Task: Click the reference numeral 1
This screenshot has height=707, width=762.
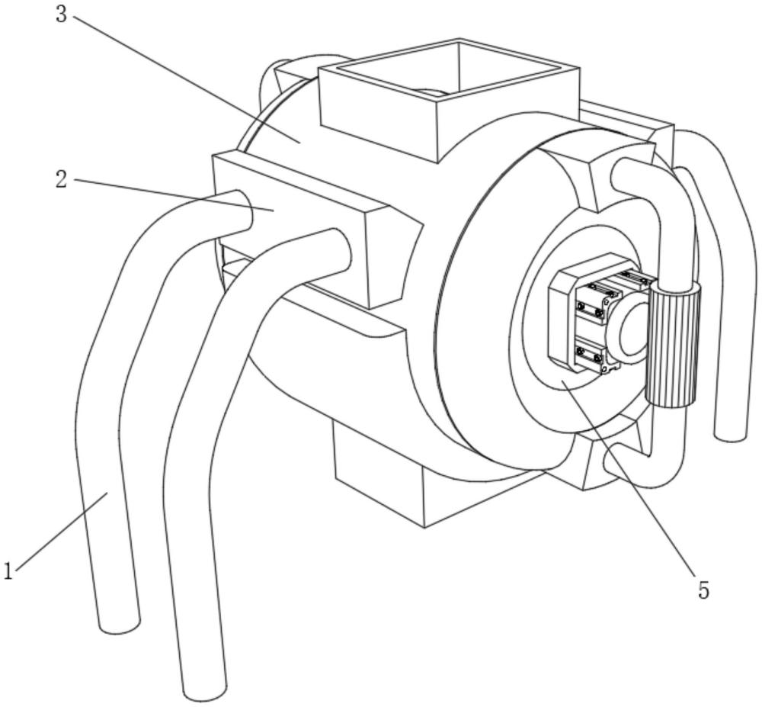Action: coord(8,570)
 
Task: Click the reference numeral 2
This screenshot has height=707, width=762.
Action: coord(62,179)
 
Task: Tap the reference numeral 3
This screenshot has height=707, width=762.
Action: coord(62,14)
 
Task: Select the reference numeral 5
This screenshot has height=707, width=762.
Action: coord(703,590)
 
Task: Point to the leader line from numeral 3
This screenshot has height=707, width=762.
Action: coord(183,76)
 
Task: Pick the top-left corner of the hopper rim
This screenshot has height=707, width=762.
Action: coord(319,68)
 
